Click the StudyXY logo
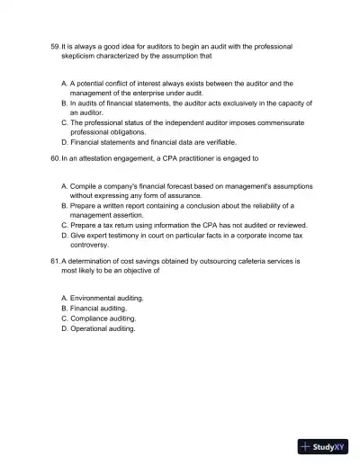click(x=323, y=445)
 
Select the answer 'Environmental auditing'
click(x=106, y=297)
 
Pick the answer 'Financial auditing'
click(x=100, y=308)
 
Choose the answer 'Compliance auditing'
click(x=103, y=318)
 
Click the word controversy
click(x=91, y=245)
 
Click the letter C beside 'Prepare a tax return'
click(x=64, y=225)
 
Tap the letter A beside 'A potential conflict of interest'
click(x=64, y=83)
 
